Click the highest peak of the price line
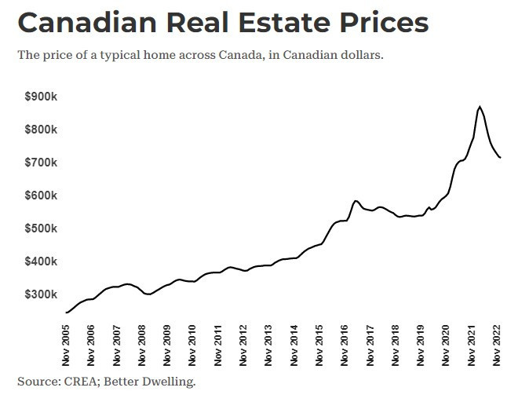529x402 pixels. click(480, 107)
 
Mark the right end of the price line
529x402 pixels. click(501, 158)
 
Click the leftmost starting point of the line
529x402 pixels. click(66, 312)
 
